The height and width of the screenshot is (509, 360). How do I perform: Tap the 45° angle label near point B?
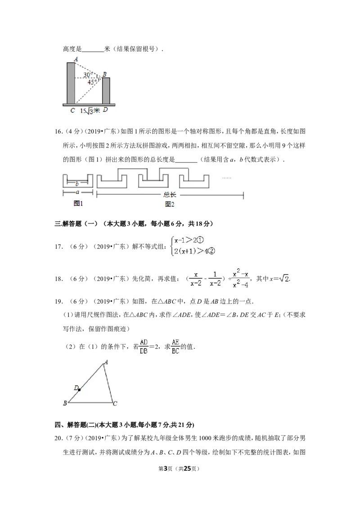91,82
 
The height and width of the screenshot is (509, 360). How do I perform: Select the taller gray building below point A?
71,83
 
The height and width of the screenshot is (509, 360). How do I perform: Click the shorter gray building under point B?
106,90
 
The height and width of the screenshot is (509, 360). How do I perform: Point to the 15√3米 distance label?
90,111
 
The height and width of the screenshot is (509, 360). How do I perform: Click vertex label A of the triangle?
106,362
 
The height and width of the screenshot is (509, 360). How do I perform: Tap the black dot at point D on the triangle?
79,389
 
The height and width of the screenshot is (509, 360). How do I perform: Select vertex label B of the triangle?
65,403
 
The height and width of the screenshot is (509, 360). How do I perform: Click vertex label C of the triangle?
115,404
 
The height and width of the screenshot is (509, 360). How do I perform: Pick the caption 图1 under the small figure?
78,204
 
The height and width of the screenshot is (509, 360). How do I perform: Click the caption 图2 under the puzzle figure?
170,204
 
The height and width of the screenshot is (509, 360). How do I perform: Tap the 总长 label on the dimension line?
170,195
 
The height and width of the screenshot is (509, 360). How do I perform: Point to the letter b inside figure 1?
77,184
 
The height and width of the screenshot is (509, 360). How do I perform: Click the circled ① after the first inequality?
200,241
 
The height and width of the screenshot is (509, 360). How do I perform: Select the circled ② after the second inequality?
211,251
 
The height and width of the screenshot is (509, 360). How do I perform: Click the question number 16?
58,131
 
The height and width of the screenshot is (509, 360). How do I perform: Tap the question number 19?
58,302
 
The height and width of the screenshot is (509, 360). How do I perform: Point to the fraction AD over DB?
144,347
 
